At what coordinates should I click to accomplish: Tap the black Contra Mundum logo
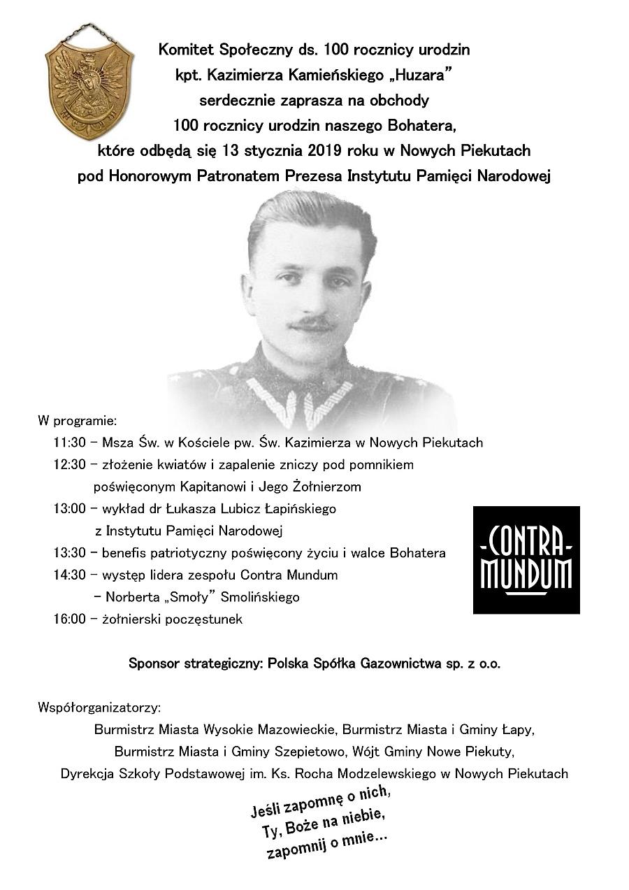pos(526,560)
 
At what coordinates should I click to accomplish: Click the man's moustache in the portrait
pos(312,323)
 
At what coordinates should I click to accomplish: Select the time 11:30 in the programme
pos(69,443)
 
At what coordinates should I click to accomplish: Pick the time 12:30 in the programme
pos(69,464)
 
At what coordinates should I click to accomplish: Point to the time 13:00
pos(69,508)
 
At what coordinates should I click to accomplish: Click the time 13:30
pos(69,553)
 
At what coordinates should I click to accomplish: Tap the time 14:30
pos(69,575)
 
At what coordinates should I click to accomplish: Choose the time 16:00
pos(69,619)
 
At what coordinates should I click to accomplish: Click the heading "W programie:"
pos(77,421)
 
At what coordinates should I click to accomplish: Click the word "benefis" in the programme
pos(124,553)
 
